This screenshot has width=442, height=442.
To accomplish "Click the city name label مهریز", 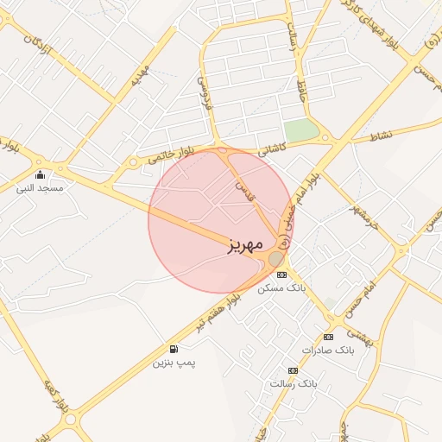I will point(244,245).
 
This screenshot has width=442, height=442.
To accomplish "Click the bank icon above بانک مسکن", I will point(281,274).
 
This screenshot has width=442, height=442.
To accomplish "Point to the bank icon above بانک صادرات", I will point(328,337).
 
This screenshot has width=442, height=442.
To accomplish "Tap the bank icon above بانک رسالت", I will point(293,370).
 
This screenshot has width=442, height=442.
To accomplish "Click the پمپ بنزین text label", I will point(175,363).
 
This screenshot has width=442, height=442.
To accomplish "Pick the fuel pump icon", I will point(174,349).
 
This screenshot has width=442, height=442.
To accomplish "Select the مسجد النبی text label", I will point(41,186).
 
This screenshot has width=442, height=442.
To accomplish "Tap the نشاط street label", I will point(380,136).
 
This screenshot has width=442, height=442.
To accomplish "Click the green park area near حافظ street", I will point(300,131).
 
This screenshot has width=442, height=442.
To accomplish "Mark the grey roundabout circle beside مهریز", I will point(275,258).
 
